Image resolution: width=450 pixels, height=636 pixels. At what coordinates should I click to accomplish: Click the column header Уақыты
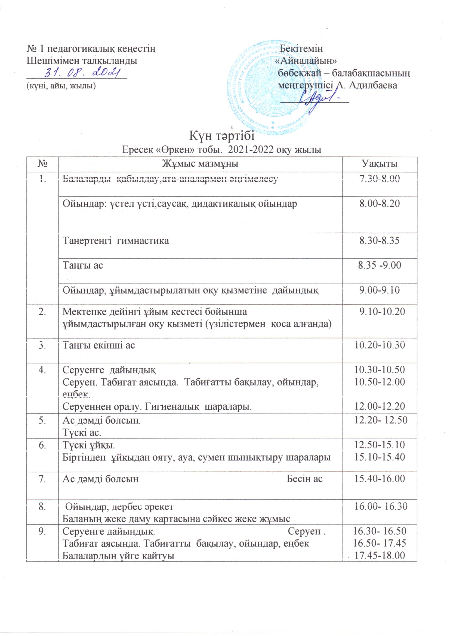coord(379,164)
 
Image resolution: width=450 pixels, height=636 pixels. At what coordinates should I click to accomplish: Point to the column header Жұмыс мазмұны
coord(200,164)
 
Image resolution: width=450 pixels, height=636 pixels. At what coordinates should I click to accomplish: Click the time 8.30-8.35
coord(379,240)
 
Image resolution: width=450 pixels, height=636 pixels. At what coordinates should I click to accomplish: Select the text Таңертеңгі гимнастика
coord(116,240)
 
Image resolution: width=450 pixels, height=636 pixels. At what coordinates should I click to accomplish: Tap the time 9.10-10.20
coord(382,312)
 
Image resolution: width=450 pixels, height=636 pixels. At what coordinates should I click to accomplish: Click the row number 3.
coord(42,345)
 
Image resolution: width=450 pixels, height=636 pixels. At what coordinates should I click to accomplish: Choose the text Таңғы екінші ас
coord(99,345)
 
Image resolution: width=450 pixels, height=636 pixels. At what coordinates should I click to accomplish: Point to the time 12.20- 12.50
coord(381,420)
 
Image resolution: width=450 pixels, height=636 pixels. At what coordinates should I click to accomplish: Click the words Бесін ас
coord(304,479)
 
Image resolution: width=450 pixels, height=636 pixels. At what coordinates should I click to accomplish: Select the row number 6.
coord(42,445)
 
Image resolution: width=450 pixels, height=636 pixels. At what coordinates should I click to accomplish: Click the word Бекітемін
coord(301,48)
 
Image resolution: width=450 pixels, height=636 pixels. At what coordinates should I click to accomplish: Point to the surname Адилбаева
coord(373,85)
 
